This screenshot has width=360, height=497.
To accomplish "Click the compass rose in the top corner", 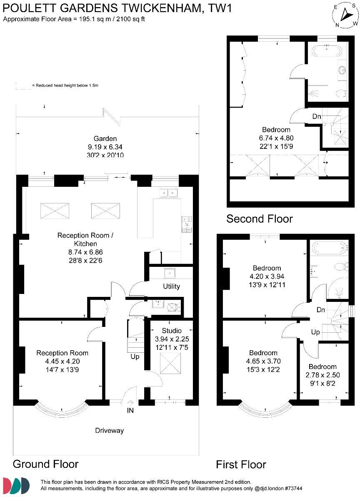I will click(345, 15).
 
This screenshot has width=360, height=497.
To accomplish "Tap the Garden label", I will click(105, 138).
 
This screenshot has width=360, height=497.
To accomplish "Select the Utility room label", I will click(171, 286).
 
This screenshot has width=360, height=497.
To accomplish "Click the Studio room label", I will click(172, 331).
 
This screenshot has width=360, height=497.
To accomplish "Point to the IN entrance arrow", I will click(131, 403).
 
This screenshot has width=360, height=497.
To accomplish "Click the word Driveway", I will click(109, 430).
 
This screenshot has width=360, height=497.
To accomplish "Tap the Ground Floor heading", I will click(45, 464).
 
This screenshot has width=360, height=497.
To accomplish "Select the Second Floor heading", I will click(259, 218).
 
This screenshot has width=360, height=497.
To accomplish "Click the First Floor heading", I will click(241, 464).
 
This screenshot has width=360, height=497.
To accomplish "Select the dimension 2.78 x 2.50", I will click(322, 374).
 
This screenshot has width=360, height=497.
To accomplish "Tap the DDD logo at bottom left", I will click(16, 485).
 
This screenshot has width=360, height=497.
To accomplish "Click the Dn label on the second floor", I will click(317, 116).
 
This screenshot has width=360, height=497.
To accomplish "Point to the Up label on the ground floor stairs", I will click(135, 356).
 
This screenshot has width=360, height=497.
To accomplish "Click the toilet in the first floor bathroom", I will click(340, 266).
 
